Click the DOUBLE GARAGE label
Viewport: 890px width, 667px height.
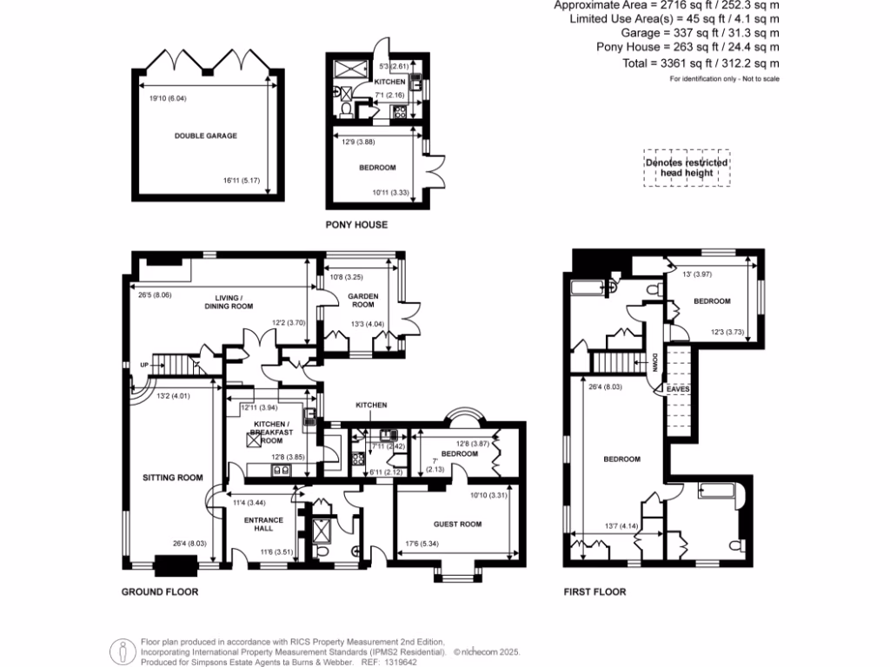[x=205, y=135]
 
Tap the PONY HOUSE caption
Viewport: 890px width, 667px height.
[x=356, y=224]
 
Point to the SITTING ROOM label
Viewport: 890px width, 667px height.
[x=173, y=477]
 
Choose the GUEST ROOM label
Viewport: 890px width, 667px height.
[x=458, y=524]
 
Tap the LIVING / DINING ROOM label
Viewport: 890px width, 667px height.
[x=229, y=301]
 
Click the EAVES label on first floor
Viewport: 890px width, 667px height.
[x=678, y=391]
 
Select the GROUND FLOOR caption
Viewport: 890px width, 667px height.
[x=160, y=592]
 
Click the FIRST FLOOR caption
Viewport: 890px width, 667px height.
[x=594, y=592]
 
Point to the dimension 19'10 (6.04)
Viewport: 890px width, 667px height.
[x=168, y=98]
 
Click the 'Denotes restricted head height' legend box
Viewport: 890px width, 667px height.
[x=686, y=168]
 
